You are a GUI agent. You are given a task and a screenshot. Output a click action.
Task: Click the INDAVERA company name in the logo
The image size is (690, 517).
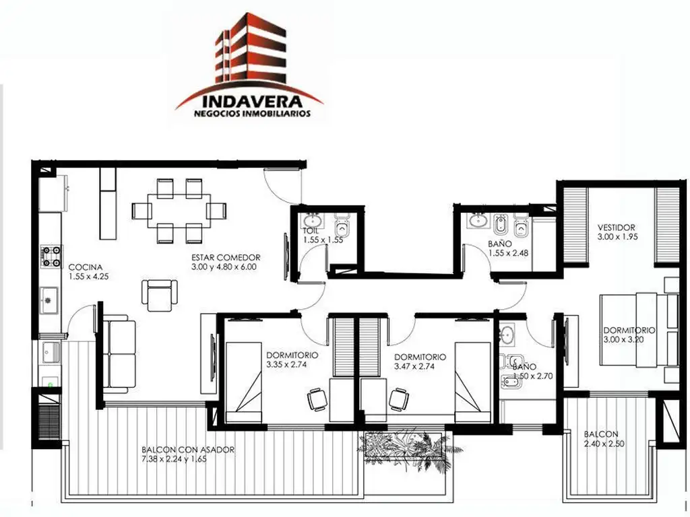click(x=252, y=102)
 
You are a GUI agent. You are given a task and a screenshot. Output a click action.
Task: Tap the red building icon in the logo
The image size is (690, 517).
click(x=251, y=49)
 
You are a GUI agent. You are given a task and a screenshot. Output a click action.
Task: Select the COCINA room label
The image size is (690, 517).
click(x=86, y=267)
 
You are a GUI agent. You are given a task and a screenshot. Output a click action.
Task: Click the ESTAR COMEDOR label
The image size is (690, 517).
click(x=226, y=258)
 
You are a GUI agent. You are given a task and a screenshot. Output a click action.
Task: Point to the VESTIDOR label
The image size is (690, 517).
click(x=616, y=228)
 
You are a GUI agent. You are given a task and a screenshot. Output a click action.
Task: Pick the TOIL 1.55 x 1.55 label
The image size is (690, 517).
click(x=323, y=235)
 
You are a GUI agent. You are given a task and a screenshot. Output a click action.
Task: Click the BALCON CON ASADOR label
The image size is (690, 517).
click(x=188, y=450)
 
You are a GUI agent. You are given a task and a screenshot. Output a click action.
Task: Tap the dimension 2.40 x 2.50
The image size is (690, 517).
click(x=604, y=444)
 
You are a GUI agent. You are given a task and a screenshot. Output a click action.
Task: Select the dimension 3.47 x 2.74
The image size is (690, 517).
click(x=414, y=367)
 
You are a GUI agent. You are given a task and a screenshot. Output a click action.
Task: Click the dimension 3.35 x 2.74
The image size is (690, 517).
click(x=286, y=364)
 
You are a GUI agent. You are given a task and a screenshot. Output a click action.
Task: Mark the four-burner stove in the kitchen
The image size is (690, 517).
click(x=51, y=256)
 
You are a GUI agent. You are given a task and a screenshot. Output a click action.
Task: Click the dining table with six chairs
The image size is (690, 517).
click(x=179, y=211)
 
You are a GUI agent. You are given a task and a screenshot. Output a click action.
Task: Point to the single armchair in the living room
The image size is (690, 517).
click(x=159, y=296)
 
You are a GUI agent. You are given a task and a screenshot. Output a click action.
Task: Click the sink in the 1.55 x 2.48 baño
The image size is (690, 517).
click(x=478, y=219)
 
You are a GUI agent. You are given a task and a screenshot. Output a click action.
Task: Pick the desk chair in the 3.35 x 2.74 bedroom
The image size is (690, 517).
click(x=317, y=399)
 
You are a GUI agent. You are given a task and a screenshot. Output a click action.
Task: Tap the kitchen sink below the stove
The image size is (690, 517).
click(x=49, y=300)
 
